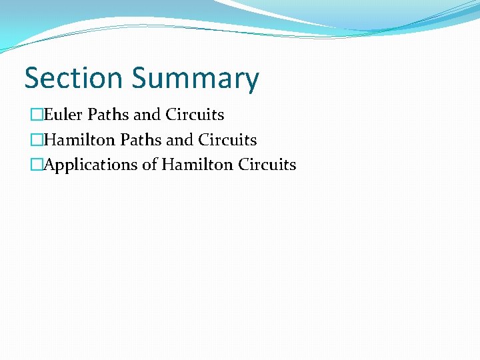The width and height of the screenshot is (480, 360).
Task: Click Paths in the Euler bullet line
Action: coord(108,115)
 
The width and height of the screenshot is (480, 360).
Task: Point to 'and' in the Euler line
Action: coord(147,115)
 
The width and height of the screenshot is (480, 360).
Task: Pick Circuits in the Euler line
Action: coord(195,115)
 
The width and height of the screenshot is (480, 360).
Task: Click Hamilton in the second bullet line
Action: coord(79,140)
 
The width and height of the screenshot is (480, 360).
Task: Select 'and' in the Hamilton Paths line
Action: coord(180,140)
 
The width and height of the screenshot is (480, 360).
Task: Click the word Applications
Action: coord(91,165)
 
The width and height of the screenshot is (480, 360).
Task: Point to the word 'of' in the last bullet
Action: coord(149,165)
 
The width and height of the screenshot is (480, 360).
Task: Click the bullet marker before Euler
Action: coord(35,115)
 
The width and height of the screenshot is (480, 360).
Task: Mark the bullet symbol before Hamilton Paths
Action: coord(35,141)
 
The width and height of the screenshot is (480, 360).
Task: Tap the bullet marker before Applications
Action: coord(35,165)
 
